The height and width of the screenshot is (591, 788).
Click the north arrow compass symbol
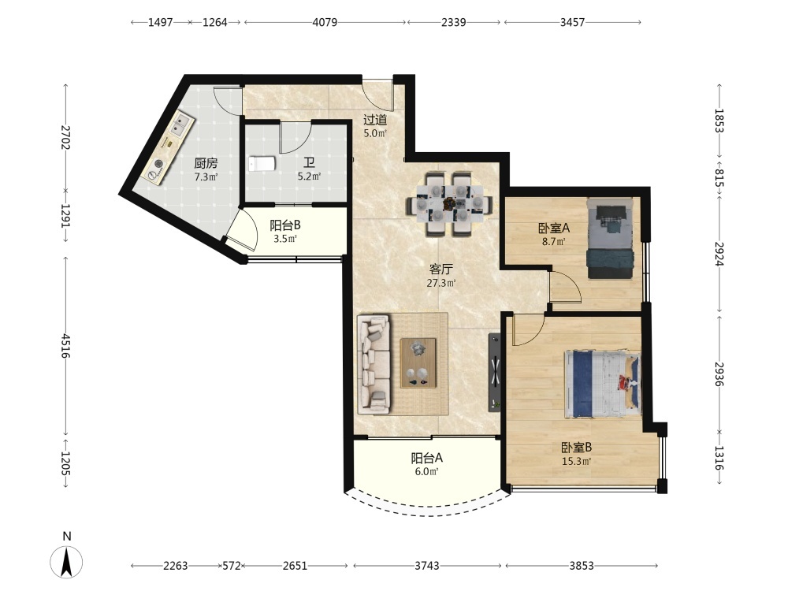(66, 561)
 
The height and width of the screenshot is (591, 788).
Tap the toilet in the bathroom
(262, 164)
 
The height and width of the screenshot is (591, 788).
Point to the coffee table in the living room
(418, 362)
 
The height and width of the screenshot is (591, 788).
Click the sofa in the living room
(374, 364)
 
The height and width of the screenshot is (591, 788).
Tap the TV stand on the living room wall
(495, 372)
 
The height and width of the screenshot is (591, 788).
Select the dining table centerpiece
(448, 203)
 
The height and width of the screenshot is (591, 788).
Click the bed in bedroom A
(610, 238)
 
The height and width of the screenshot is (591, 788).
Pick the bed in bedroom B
(603, 385)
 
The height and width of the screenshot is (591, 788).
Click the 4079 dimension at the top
(325, 22)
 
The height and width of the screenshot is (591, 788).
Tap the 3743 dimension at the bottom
(426, 566)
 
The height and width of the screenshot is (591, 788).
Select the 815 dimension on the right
(719, 178)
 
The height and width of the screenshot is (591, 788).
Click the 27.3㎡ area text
(441, 283)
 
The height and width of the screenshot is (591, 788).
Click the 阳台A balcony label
(426, 458)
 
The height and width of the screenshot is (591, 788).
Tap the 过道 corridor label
(375, 120)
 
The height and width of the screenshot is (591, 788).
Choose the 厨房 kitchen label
(206, 163)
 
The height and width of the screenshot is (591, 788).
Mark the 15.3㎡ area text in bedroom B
(577, 461)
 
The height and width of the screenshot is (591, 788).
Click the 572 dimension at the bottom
(232, 566)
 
